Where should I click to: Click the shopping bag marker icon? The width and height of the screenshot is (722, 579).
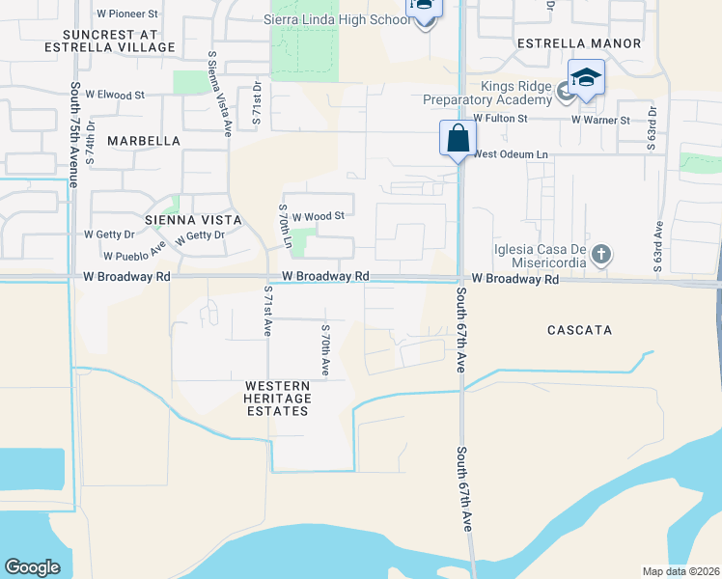click(x=457, y=138)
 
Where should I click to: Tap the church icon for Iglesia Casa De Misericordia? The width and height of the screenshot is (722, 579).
click(x=600, y=255)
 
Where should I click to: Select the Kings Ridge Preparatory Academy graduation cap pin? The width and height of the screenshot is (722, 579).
click(x=586, y=77)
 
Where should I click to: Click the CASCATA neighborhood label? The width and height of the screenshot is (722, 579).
click(x=579, y=330)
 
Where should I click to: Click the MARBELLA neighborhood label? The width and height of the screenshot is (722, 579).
click(x=144, y=141)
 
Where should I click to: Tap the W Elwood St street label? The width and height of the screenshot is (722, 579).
click(x=114, y=96)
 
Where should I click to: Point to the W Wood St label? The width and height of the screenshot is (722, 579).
click(x=319, y=217)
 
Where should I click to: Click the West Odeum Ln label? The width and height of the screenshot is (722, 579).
click(x=510, y=154)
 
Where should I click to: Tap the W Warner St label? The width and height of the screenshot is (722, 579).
click(x=599, y=121)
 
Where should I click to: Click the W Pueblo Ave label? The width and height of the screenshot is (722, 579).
click(x=135, y=257)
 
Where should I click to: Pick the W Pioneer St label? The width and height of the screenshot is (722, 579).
click(x=127, y=14)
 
